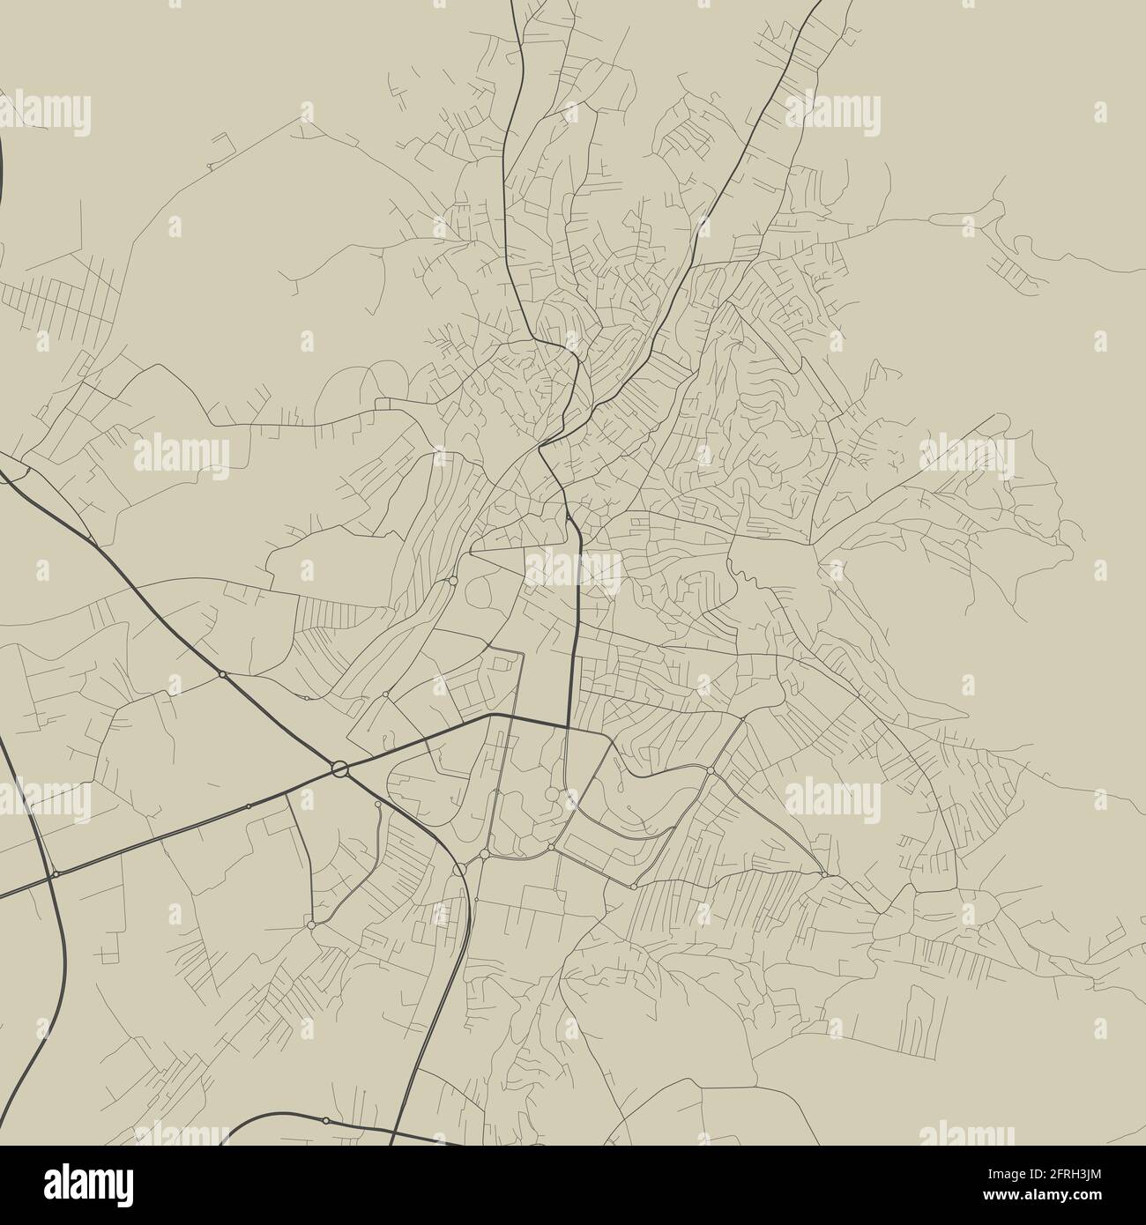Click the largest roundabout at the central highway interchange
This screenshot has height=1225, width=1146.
(x=340, y=769)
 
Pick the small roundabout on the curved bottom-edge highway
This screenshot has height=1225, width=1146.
(x=326, y=1120)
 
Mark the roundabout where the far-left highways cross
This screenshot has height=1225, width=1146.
(x=56, y=873)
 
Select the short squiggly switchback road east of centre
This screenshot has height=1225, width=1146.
(x=746, y=577)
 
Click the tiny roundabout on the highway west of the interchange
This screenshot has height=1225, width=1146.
(x=249, y=806)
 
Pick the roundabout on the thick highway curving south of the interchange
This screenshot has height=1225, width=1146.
(x=459, y=869)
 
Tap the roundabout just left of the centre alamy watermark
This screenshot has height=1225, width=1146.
(x=452, y=580)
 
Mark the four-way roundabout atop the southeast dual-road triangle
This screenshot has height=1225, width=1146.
(x=711, y=770)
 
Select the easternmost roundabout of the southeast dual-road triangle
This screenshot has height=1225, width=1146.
(x=823, y=873)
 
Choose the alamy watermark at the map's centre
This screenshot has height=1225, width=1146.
(x=574, y=568)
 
